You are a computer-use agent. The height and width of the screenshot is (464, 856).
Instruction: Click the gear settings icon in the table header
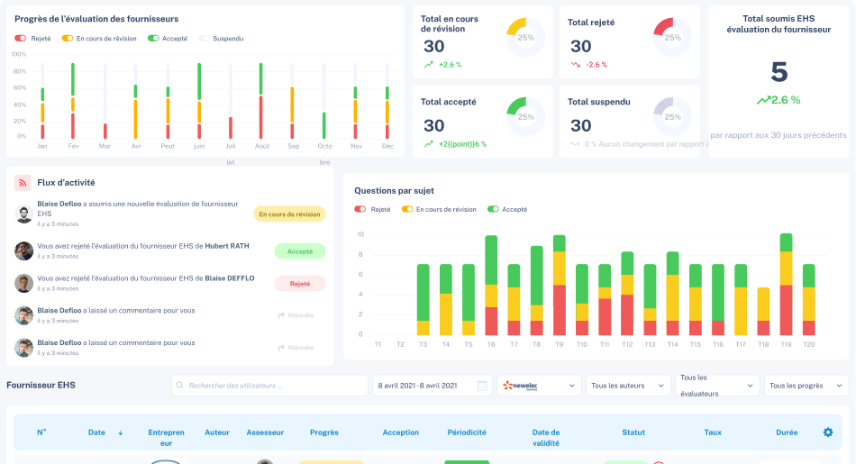pos(828,432)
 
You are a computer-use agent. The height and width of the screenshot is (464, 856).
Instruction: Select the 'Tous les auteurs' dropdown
pos(628,386)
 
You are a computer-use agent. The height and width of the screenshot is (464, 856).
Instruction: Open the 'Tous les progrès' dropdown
pos(806,386)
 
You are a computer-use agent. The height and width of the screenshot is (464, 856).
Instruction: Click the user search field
pos(269,386)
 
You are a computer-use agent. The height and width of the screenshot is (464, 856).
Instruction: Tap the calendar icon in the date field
pos(482,386)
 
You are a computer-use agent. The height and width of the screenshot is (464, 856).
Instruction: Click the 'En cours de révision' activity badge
pos(289,214)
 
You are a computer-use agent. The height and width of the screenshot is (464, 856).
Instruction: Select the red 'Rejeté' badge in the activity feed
pos(299,283)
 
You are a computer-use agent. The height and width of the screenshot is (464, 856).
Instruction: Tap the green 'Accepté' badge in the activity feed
pos(299,251)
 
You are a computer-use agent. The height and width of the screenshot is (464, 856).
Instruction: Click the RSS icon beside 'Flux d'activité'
pos(23,183)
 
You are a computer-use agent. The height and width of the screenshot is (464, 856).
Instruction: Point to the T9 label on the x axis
pos(559,344)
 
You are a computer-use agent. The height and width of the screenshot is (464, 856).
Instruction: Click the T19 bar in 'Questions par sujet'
pos(786,285)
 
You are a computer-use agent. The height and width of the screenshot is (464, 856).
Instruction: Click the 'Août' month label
pos(261,146)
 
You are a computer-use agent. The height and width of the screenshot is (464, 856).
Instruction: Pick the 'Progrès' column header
pos(323,432)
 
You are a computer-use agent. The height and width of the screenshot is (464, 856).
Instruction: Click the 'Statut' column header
pos(633,432)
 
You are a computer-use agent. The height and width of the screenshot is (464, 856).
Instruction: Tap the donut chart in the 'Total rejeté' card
pos(672,38)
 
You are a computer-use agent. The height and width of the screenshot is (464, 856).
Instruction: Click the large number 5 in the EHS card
pos(779,72)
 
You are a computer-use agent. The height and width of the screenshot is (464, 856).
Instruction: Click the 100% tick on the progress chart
pos(18,54)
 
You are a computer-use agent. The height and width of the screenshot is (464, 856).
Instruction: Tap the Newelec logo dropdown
pos(539,386)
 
